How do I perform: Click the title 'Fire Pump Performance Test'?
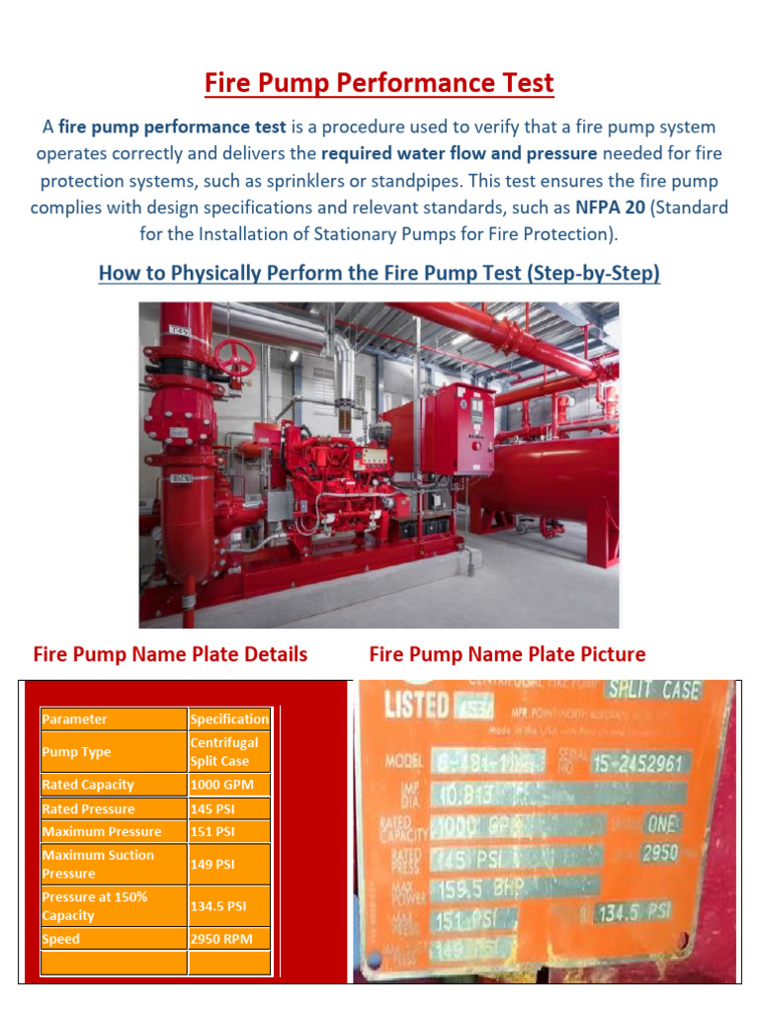tap(379, 83)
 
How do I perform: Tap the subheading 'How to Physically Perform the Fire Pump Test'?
tap(379, 272)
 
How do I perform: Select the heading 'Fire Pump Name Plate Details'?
tap(170, 654)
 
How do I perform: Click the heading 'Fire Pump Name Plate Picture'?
tap(507, 654)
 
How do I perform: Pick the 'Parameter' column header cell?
tap(113, 719)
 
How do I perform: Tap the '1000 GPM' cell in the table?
tap(228, 785)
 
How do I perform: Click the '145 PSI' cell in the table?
tap(228, 808)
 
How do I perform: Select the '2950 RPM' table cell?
tap(228, 939)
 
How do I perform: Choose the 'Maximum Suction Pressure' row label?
tap(113, 864)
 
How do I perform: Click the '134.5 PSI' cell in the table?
tap(228, 906)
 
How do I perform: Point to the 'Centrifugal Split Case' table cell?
tap(228, 752)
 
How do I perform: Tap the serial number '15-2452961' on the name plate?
tap(640, 763)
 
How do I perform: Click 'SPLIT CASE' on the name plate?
tap(655, 690)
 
